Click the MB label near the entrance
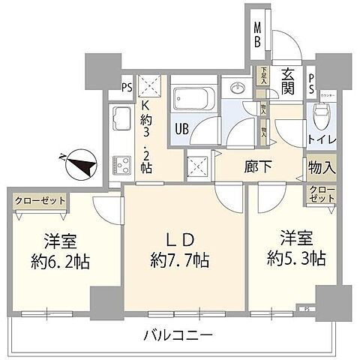257,35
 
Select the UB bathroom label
182,128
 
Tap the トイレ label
321,139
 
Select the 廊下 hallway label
259,166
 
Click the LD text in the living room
180,241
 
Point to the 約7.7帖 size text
180,262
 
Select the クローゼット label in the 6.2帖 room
39,200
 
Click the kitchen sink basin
121,118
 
